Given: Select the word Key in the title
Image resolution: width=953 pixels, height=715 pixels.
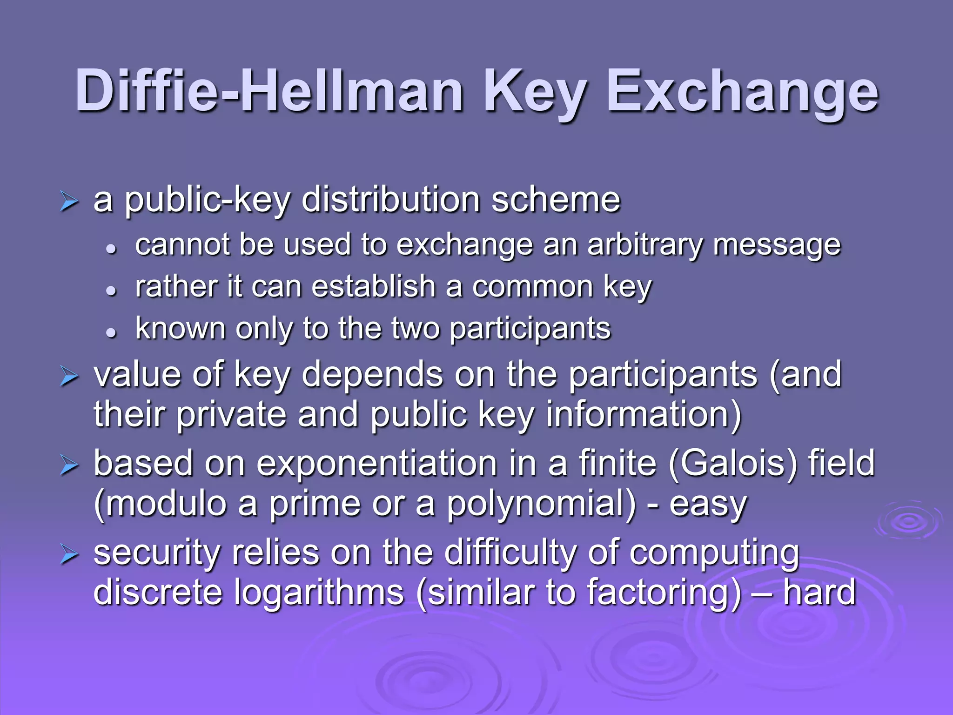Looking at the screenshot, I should pos(535,91).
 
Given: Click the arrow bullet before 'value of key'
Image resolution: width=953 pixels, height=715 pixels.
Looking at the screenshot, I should pos(69,377).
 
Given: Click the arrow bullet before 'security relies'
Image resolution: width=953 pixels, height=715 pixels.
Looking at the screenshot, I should pos(69,555).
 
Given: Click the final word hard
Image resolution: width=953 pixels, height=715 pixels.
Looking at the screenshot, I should pos(819,592).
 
